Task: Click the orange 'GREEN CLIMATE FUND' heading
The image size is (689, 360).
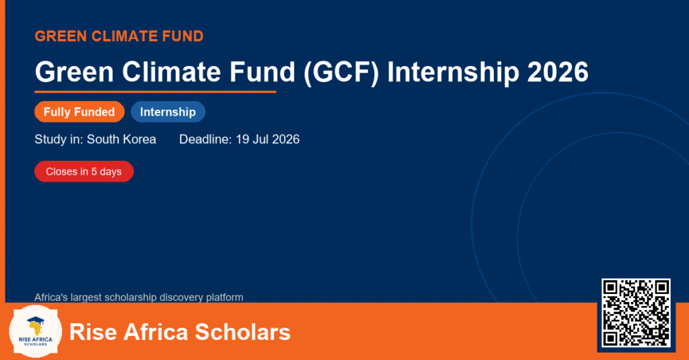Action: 119,36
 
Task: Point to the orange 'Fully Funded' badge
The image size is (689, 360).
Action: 79,112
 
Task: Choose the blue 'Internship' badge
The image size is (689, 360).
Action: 168,112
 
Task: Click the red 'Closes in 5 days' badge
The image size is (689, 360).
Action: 84,172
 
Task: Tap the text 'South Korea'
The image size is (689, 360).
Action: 121,139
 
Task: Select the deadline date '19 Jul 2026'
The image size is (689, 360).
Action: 268,139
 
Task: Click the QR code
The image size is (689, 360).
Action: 637,312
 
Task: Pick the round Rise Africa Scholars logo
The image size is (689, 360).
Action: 36,332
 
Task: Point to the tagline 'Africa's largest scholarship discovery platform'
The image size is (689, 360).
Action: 139,297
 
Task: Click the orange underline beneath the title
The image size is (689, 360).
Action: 155,92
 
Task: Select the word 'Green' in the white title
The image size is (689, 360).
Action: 74,72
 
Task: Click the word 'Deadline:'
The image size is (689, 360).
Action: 205,139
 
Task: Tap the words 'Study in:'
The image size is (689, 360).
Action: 59,140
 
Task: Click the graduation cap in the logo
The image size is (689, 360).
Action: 36,320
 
